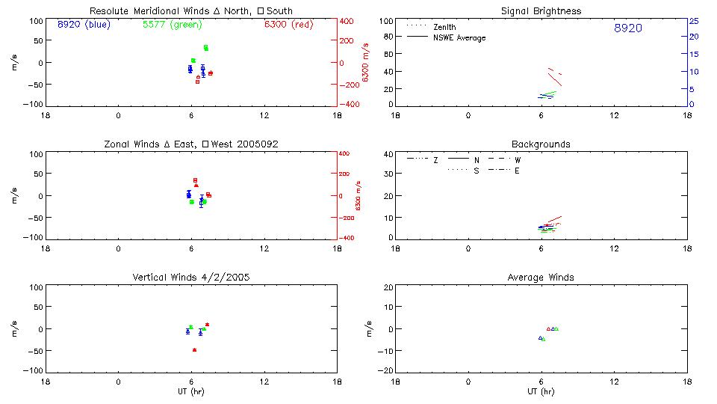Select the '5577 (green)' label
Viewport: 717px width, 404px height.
tap(172, 25)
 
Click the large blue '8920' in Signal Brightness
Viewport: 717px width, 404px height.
tap(627, 28)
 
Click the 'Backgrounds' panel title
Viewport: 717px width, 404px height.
tap(541, 144)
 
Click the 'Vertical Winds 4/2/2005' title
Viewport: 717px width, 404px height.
tap(190, 277)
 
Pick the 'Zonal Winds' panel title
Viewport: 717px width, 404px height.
tap(190, 144)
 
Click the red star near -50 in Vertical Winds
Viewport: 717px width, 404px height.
tap(194, 350)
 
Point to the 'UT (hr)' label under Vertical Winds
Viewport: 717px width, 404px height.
tap(190, 392)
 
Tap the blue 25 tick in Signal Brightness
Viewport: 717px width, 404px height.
tap(694, 21)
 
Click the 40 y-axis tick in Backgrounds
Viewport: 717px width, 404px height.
tap(388, 155)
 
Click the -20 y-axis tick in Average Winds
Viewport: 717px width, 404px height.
tap(387, 371)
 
